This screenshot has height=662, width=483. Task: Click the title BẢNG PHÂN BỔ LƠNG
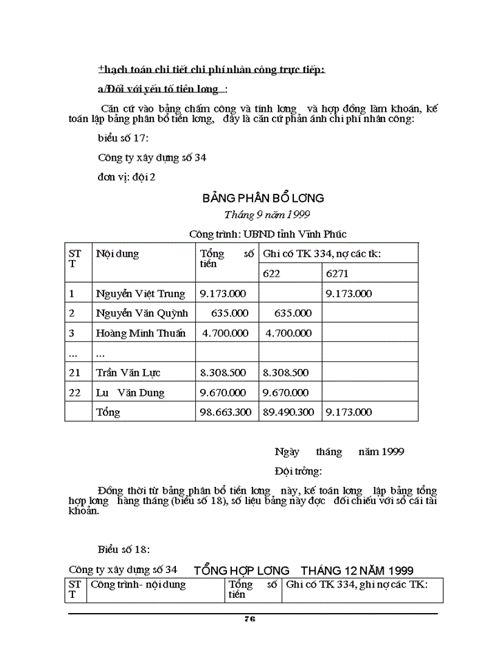click(x=263, y=198)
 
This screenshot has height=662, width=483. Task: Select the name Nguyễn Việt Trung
click(x=141, y=294)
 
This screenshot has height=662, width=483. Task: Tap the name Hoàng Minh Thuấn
click(x=141, y=333)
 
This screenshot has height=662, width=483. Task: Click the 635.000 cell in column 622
click(x=293, y=313)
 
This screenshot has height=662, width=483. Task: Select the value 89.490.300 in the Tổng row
click(x=288, y=412)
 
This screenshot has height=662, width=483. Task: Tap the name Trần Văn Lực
click(x=128, y=373)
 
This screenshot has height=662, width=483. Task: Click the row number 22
click(x=75, y=392)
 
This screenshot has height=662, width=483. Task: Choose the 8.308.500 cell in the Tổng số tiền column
click(x=223, y=373)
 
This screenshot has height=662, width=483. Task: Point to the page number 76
click(x=250, y=619)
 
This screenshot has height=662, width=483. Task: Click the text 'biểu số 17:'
click(x=123, y=137)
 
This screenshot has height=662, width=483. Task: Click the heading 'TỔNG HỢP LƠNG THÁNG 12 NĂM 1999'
click(x=304, y=570)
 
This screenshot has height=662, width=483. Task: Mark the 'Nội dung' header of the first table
click(x=117, y=254)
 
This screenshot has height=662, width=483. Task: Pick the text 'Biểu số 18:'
click(x=124, y=550)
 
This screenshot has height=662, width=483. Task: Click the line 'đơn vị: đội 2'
click(x=127, y=177)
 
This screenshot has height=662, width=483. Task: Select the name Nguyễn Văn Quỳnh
click(x=142, y=313)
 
